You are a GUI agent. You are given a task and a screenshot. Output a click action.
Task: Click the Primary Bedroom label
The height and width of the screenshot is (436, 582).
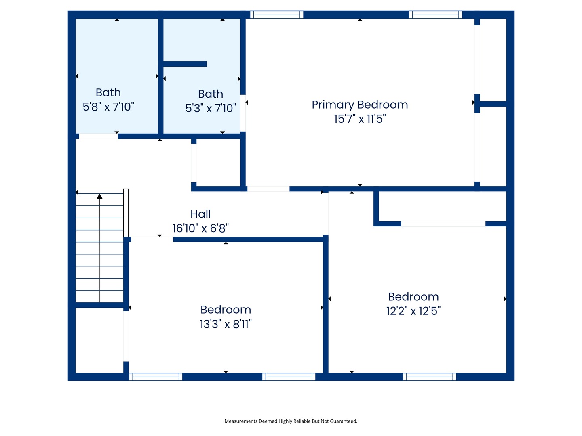point(360,105)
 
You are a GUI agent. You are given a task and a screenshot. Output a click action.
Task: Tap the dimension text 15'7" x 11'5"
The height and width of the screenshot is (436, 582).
point(360,119)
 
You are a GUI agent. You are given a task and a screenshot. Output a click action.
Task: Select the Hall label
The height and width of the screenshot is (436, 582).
point(200,214)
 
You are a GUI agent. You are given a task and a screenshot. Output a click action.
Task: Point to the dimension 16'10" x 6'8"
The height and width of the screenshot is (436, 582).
point(200,228)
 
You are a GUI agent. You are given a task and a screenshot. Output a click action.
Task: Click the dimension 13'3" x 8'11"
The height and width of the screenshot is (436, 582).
point(226,324)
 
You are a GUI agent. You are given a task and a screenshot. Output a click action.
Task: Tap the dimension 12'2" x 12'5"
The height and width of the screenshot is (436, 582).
point(413,311)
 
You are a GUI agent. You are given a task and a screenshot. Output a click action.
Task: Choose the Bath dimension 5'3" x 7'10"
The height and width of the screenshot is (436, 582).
point(211,108)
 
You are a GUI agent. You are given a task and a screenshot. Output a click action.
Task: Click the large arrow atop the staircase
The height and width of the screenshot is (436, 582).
point(99,197)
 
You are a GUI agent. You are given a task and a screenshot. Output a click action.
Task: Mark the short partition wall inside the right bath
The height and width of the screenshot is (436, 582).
point(185,64)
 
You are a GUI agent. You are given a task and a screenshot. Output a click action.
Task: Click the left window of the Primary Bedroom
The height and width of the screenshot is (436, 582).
point(276,15)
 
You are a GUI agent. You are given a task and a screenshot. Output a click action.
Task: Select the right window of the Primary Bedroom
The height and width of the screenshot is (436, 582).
point(435,15)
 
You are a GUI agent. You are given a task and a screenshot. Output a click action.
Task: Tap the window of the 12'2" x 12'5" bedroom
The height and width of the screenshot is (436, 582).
point(429,377)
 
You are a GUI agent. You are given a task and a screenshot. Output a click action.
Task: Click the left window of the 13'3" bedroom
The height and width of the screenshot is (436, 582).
point(156,377)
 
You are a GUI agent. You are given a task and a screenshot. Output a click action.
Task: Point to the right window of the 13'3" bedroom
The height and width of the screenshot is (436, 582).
point(289,377)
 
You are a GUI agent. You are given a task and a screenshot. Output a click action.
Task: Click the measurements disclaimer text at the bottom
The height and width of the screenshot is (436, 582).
point(291,421)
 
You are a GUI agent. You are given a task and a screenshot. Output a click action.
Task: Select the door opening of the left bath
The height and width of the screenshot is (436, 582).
point(98,136)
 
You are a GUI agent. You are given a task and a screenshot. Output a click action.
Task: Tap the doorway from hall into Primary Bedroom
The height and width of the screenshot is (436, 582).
point(268,189)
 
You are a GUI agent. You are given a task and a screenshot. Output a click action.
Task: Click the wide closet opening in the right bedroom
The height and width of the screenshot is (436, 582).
point(443,224)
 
